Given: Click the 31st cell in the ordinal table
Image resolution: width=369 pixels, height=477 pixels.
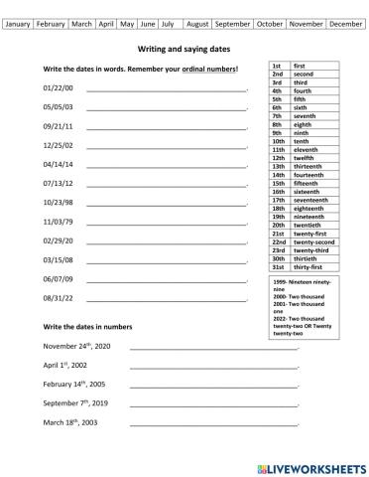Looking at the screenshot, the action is click(x=279, y=265).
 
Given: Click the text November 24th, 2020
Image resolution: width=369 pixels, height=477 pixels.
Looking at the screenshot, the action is click(x=76, y=346).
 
